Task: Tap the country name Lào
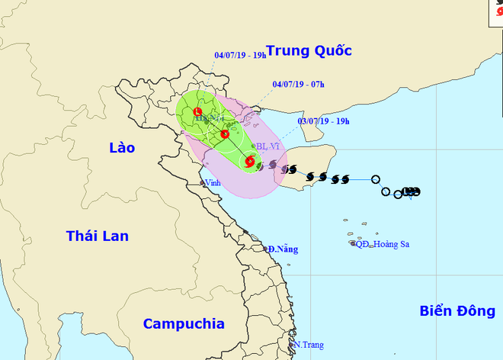click(121, 148)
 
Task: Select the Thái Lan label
click(97, 236)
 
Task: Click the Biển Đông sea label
click(456, 310)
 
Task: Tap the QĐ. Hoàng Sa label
click(383, 244)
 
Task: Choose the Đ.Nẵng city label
click(283, 249)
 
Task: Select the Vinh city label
click(216, 183)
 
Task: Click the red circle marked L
click(199, 111)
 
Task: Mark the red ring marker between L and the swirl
click(225, 135)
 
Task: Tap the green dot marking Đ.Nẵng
click(267, 249)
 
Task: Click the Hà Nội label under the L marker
click(207, 120)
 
